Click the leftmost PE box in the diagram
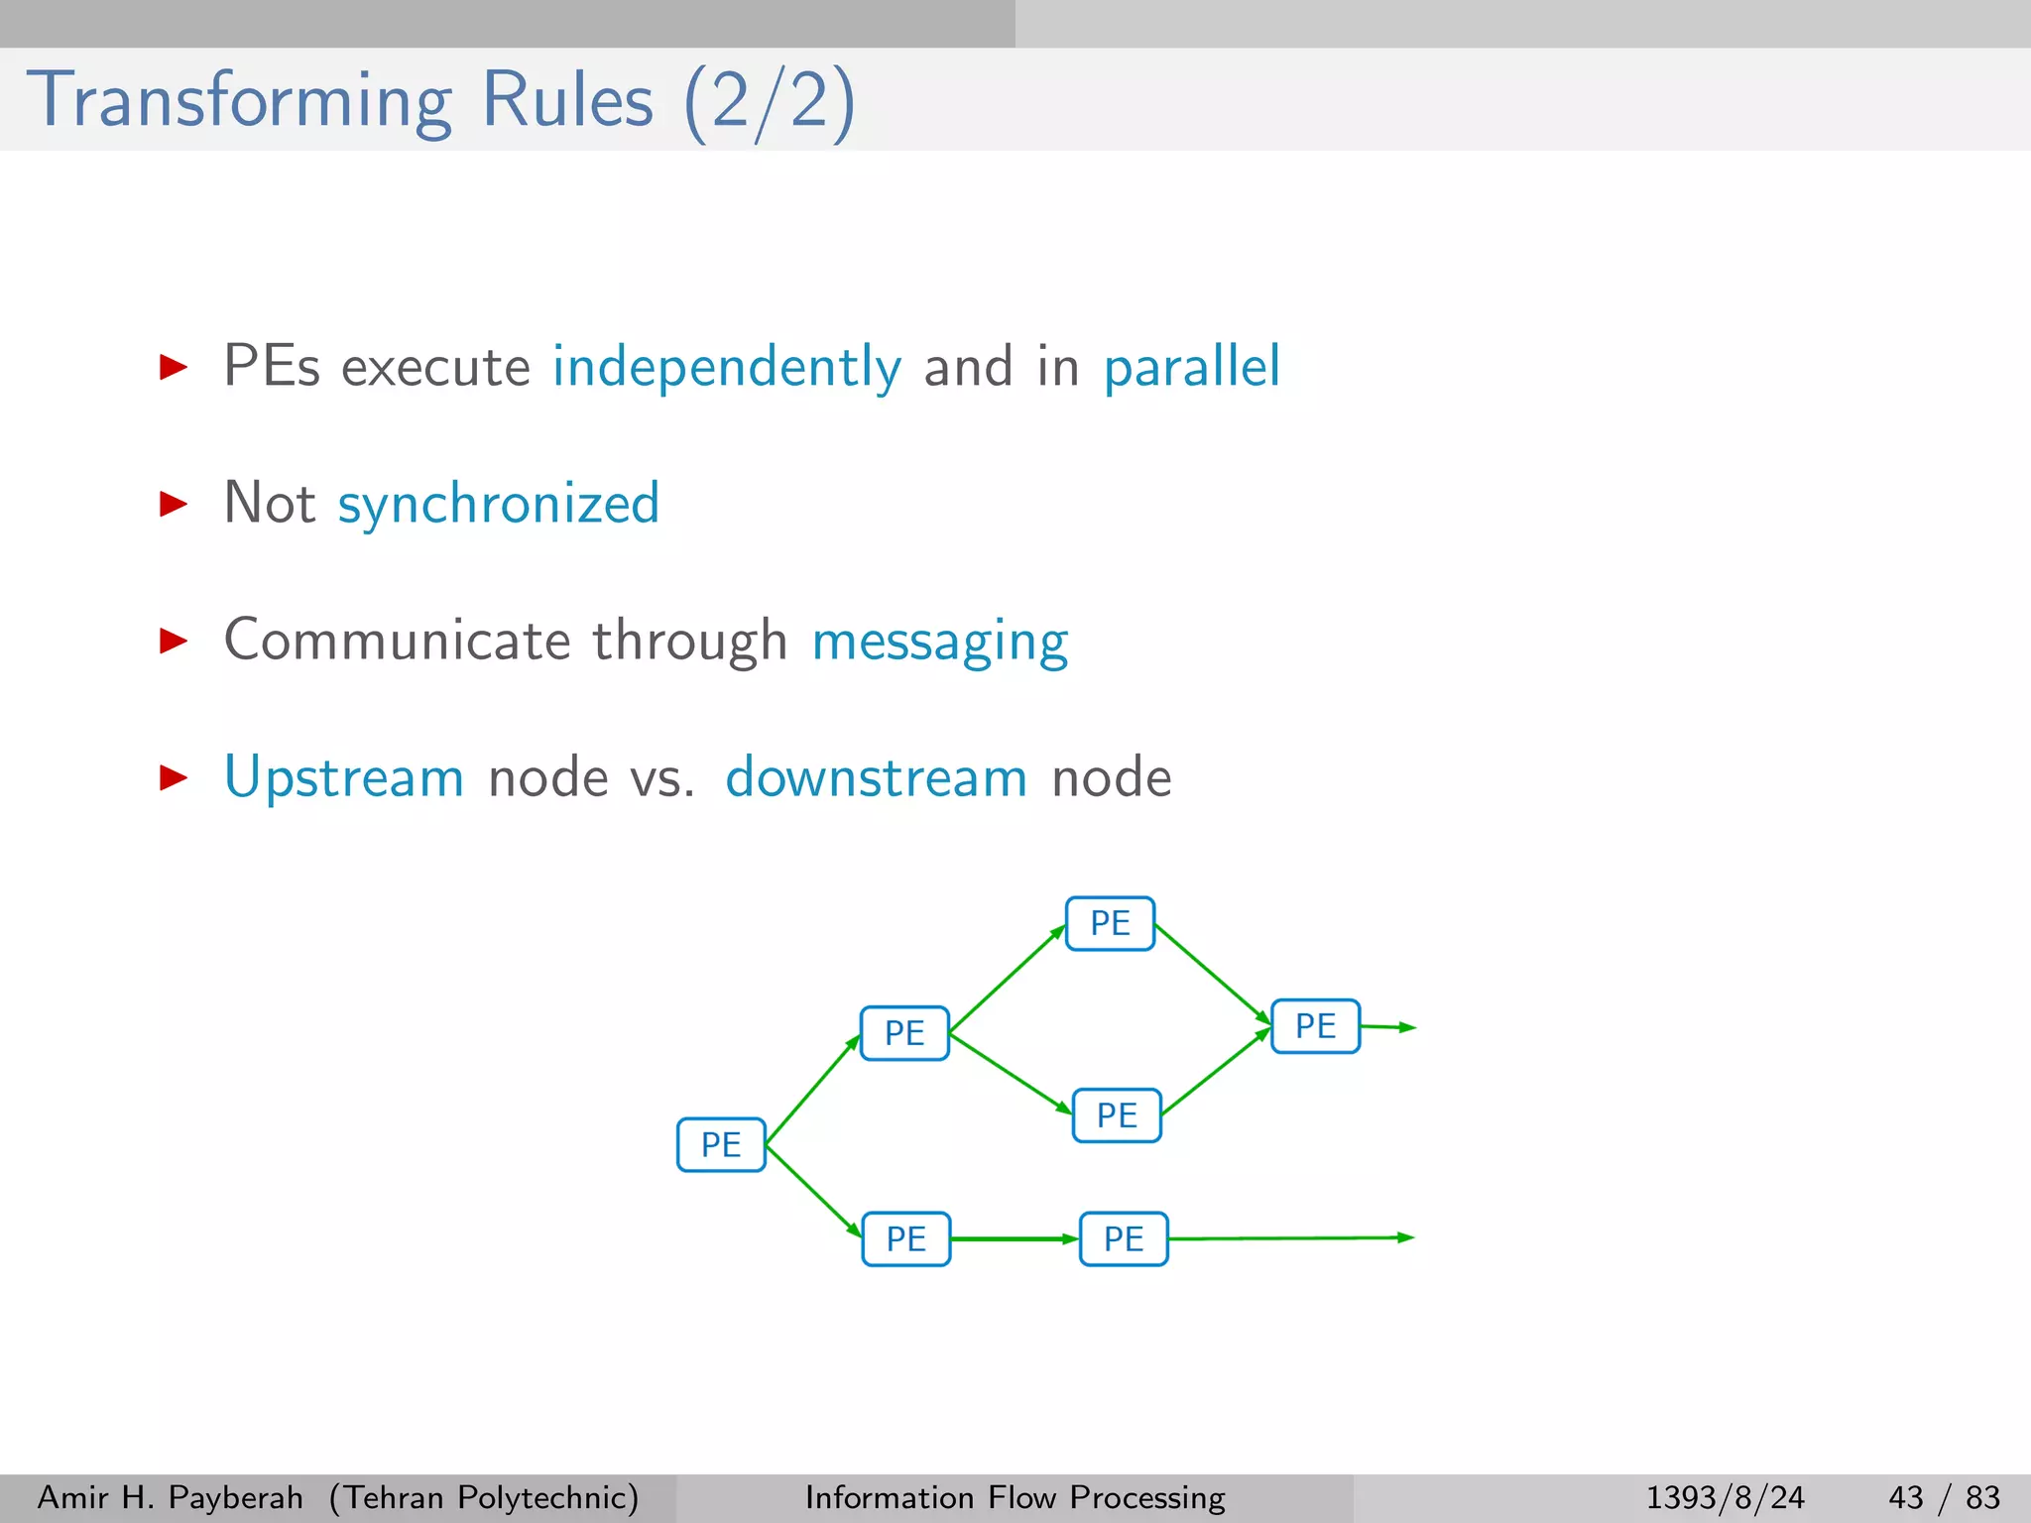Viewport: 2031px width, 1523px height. tap(721, 1144)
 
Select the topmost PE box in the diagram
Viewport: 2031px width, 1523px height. tap(1110, 923)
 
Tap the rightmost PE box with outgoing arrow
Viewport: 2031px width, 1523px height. tap(1315, 1026)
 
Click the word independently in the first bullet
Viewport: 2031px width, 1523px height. tap(727, 367)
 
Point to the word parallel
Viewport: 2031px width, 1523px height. tap(1192, 367)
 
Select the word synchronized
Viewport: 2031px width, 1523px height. tap(499, 504)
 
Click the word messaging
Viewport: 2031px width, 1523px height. tap(939, 641)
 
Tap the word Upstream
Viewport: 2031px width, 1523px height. tap(344, 776)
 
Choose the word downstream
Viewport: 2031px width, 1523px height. tap(876, 776)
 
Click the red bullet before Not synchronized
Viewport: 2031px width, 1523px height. tap(174, 504)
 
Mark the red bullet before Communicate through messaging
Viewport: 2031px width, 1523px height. tap(174, 641)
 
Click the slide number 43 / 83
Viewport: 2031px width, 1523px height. tap(1944, 1497)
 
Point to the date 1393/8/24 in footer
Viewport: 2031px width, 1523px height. tap(1725, 1497)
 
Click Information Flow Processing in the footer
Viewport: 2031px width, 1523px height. tap(1015, 1497)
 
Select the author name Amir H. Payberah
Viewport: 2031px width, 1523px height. tap(170, 1497)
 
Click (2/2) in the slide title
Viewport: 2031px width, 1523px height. tap(770, 101)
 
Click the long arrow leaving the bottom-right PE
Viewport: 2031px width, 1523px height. tap(1289, 1238)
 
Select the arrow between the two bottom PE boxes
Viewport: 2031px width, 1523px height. tap(1014, 1239)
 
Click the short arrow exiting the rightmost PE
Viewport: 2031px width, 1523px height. tap(1386, 1027)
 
